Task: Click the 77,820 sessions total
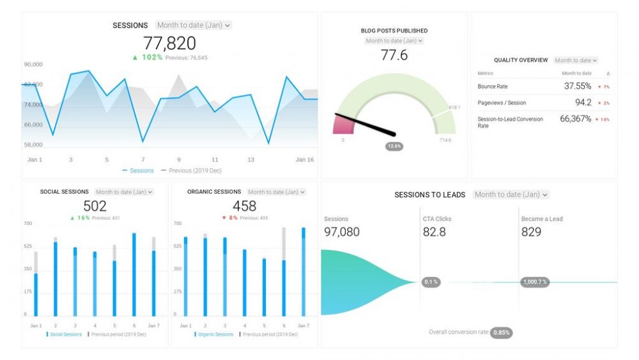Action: coord(169,43)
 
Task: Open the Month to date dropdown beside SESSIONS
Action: coord(194,26)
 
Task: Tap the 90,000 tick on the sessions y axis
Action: coord(33,65)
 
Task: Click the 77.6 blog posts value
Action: coord(394,55)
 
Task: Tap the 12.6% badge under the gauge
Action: coord(394,146)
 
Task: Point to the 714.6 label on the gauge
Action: coord(445,140)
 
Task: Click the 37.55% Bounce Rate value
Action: coord(577,86)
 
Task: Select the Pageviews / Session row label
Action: coord(502,103)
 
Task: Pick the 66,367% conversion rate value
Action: coord(575,119)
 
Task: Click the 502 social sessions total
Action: coord(95,206)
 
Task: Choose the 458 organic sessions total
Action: coord(244,206)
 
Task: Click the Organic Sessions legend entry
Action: coord(215,334)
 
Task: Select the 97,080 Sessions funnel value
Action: coord(342,232)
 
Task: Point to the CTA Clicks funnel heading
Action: coord(437,219)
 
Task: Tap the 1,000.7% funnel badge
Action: coord(534,282)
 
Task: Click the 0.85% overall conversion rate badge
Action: coord(502,333)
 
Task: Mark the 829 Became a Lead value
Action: coord(531,232)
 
